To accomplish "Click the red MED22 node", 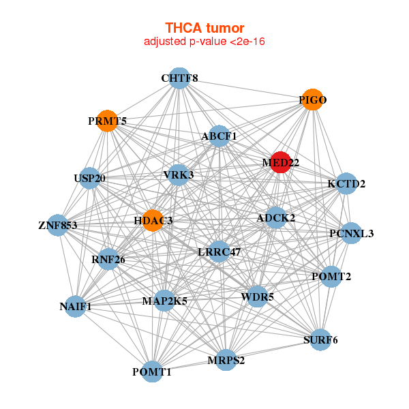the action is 280,162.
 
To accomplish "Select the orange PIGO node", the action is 312,100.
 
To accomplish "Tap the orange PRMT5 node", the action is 107,121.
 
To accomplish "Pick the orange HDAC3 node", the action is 153,220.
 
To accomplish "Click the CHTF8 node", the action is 179,78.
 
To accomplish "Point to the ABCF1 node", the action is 219,136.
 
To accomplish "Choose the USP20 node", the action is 90,178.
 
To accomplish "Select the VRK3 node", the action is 179,175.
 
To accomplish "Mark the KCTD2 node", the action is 346,183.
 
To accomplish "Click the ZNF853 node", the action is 58,225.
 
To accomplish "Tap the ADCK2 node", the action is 275,217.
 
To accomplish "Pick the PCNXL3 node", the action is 351,233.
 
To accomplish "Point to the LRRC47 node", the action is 219,252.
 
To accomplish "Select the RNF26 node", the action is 108,259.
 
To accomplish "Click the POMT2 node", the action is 331,277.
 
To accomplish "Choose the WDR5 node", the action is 258,297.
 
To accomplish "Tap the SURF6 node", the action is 320,339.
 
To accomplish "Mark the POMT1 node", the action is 152,372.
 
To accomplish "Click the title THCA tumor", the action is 204,28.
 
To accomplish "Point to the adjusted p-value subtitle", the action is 204,42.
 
